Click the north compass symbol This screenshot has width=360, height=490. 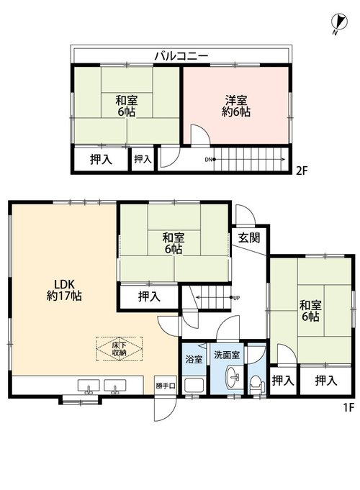point(339,22)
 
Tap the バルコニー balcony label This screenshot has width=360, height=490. point(181,56)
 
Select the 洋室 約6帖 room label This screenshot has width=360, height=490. point(236,106)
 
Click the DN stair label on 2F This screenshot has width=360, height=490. point(208,160)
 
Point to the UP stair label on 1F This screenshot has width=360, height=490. point(236,298)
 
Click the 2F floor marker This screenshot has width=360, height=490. point(302,171)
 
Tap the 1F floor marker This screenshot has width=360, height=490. point(348,407)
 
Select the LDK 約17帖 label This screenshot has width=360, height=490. point(64,290)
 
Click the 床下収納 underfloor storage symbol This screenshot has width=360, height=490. point(120,349)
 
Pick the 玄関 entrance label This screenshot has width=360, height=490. point(249,238)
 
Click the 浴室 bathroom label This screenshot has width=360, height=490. point(194,359)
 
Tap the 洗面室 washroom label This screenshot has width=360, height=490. point(227,355)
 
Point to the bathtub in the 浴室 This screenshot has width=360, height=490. point(194,385)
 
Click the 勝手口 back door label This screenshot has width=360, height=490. point(166,386)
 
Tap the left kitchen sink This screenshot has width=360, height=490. point(89,386)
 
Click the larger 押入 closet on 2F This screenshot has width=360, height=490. point(101,160)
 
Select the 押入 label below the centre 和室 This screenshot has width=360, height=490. point(149,296)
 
